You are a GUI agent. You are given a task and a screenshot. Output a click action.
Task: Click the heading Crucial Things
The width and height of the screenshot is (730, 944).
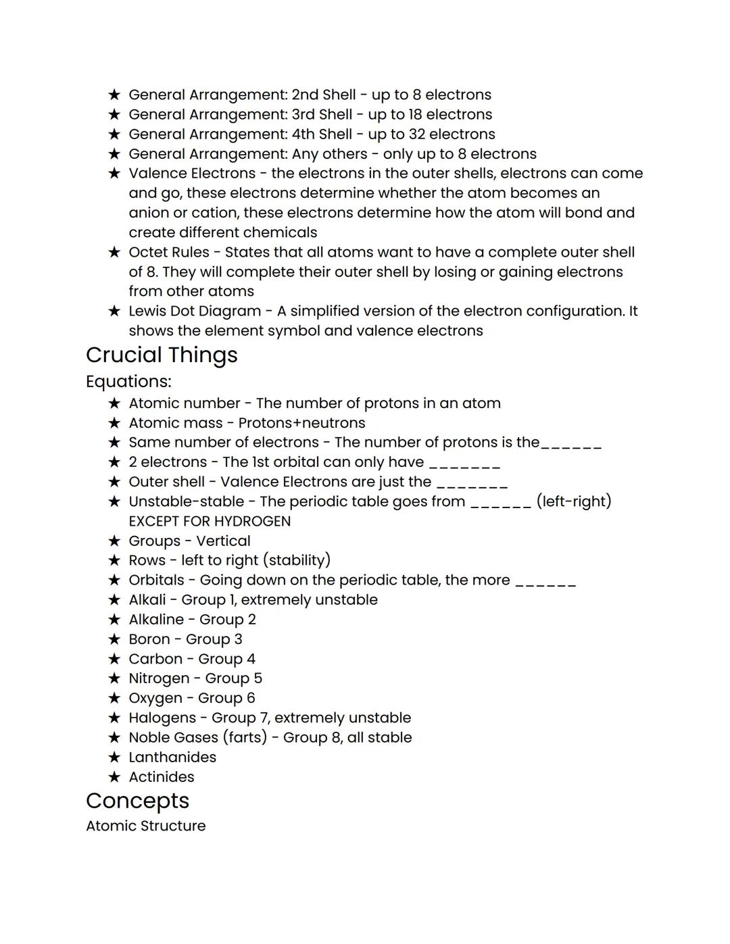(162, 355)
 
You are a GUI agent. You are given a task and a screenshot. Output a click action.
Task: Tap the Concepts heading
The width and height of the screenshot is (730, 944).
(137, 801)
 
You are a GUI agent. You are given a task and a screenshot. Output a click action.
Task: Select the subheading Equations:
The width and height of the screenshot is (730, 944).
(128, 382)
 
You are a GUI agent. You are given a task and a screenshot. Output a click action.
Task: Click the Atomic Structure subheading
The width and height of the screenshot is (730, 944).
(145, 826)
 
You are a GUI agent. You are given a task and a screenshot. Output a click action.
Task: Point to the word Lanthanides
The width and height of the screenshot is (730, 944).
(172, 757)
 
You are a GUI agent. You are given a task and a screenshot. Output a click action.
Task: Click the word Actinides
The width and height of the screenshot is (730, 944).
(162, 777)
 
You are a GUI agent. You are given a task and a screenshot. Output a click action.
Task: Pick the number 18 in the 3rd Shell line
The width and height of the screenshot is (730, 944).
(415, 115)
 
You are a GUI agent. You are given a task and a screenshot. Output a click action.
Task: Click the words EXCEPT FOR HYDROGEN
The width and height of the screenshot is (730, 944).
(210, 522)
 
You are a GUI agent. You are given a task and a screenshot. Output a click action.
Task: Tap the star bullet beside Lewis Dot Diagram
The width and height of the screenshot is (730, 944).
(114, 312)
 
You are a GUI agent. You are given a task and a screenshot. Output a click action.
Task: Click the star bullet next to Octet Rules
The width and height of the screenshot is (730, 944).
(114, 253)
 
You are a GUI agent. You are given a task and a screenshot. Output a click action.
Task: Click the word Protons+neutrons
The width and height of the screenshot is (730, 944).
(301, 423)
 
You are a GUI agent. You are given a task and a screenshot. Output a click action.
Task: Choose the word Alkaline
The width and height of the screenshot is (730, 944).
(156, 620)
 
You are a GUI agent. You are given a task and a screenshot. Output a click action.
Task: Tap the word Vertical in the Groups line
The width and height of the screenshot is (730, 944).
(223, 541)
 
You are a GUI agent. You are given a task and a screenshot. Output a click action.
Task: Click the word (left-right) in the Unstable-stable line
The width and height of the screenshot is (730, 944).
(573, 501)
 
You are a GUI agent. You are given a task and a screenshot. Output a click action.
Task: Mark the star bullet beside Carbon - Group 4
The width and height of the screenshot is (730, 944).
(114, 660)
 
